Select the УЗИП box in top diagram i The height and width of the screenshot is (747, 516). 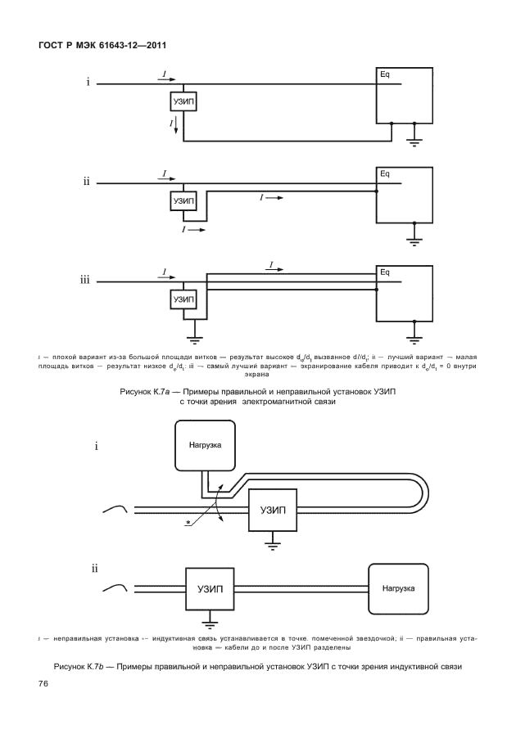[183, 102]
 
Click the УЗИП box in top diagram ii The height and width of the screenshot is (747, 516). [183, 200]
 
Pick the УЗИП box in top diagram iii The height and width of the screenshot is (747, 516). [183, 300]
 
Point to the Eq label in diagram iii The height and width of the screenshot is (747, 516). [385, 272]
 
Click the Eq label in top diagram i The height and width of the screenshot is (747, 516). [385, 74]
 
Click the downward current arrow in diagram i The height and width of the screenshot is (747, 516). [174, 126]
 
